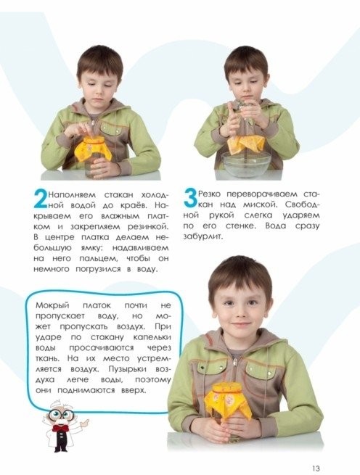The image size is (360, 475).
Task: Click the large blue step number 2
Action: click(x=40, y=199)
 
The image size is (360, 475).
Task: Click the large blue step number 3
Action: click(x=190, y=198)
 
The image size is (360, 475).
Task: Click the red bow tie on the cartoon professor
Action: click(x=61, y=427)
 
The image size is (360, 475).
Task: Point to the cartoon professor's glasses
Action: click(x=60, y=414)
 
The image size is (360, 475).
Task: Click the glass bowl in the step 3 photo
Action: click(x=246, y=164)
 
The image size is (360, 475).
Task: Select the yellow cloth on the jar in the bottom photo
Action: click(x=228, y=400)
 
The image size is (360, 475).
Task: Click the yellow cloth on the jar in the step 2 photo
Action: click(x=93, y=148)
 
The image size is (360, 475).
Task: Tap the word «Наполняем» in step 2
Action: click(x=72, y=194)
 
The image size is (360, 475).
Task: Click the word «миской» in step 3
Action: click(x=261, y=205)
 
